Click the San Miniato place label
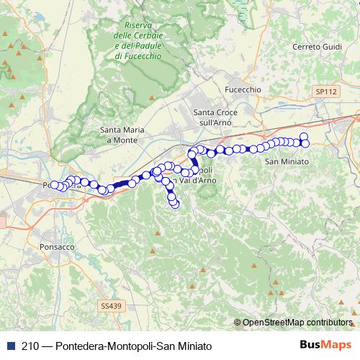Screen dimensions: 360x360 coord(287,161)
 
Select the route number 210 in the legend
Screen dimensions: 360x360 coord(30,345)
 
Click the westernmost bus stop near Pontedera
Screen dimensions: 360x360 coord(54,185)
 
